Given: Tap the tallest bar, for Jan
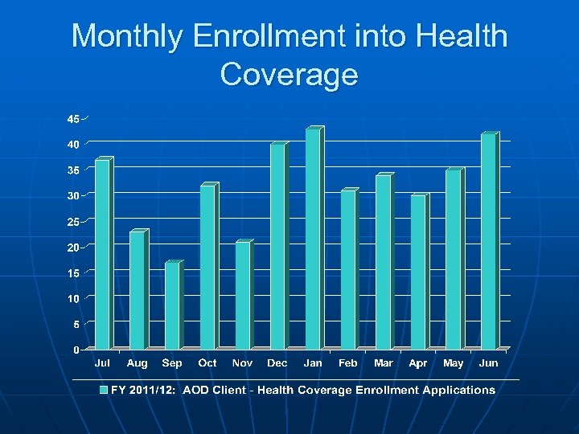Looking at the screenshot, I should (x=313, y=239).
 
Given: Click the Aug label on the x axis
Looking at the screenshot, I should (x=138, y=363).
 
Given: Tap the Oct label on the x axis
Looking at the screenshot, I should (x=207, y=363).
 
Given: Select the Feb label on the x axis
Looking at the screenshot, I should (x=347, y=363).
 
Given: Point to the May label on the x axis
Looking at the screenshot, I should (x=454, y=363).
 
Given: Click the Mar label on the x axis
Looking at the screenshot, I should (x=384, y=363).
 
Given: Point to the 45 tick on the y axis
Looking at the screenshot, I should (x=73, y=119).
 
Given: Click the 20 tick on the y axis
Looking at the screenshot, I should (x=73, y=248).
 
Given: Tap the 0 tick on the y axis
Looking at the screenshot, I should (x=76, y=350).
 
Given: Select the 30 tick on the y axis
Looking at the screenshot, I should (x=73, y=196).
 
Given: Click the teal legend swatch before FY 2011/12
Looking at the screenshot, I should (x=103, y=390).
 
